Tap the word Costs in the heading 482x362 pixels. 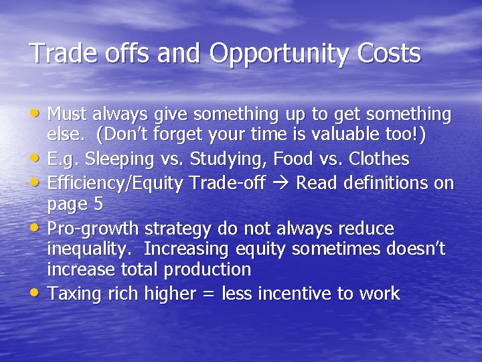coord(388,53)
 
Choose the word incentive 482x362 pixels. coord(312,293)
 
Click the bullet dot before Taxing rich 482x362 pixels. coord(36,293)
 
